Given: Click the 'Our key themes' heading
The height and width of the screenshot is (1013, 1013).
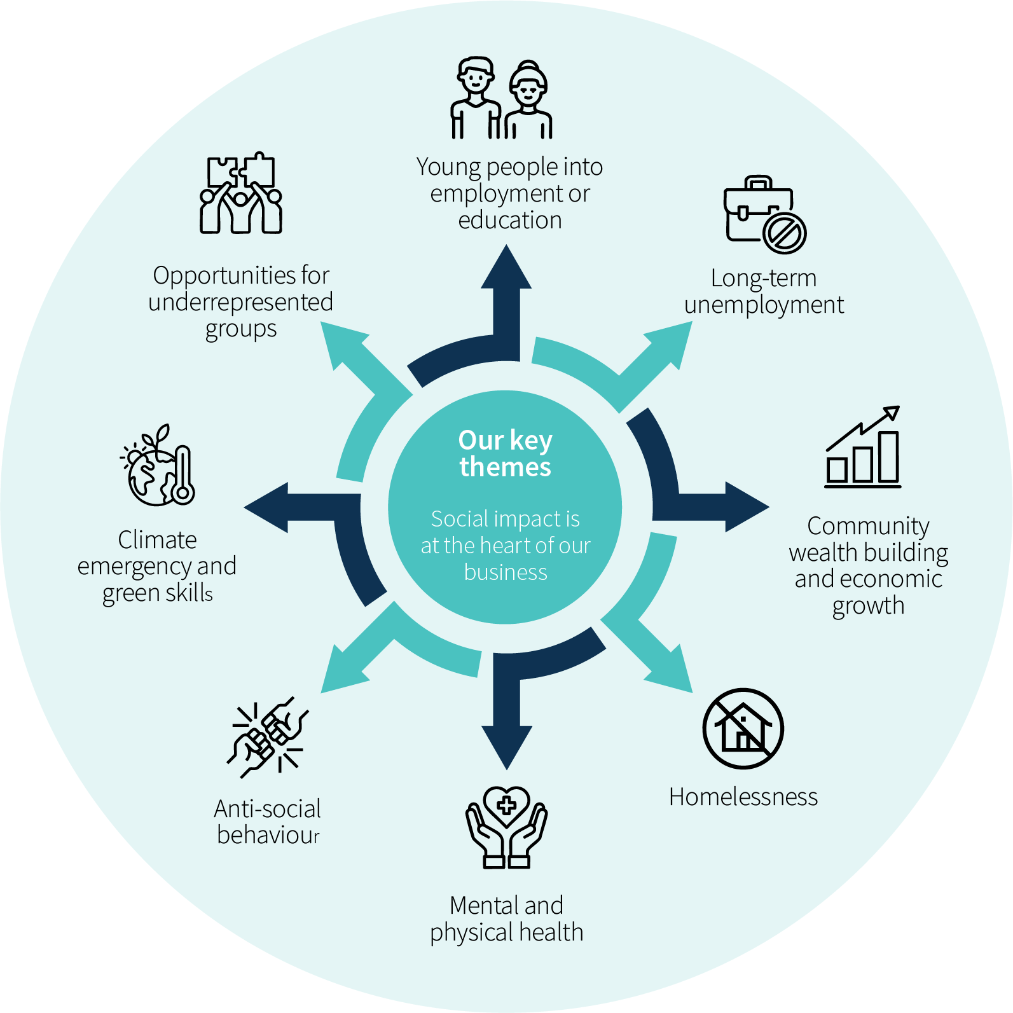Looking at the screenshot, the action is pyautogui.click(x=506, y=453).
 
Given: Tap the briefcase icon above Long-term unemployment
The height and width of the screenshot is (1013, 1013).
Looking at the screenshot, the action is pyautogui.click(x=765, y=215).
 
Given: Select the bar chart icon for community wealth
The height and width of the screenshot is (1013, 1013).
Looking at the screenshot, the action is pyautogui.click(x=863, y=447).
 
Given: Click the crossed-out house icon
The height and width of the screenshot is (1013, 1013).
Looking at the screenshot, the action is pyautogui.click(x=743, y=729).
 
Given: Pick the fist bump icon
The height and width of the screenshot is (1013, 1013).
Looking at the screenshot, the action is pyautogui.click(x=268, y=737).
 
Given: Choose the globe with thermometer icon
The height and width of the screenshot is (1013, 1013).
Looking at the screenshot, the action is pyautogui.click(x=158, y=465).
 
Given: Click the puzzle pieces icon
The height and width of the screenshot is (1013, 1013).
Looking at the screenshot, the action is pyautogui.click(x=241, y=193).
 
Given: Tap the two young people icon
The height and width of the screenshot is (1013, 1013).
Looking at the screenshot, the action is pyautogui.click(x=502, y=99).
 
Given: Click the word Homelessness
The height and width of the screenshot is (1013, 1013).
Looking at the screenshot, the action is pyautogui.click(x=743, y=797).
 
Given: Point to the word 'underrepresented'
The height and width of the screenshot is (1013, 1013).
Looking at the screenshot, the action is pyautogui.click(x=240, y=302).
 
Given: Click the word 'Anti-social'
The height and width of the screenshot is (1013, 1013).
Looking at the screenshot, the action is pyautogui.click(x=268, y=809).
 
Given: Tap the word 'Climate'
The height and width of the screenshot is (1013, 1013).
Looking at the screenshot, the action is pyautogui.click(x=158, y=540).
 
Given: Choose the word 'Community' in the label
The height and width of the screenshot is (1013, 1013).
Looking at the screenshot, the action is pyautogui.click(x=869, y=527).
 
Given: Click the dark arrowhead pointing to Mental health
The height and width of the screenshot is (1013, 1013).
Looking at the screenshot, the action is pyautogui.click(x=507, y=747).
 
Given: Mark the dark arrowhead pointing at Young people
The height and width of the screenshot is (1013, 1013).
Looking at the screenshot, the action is pyautogui.click(x=506, y=267).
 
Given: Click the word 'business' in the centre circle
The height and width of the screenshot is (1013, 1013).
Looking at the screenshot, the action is pyautogui.click(x=506, y=572).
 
